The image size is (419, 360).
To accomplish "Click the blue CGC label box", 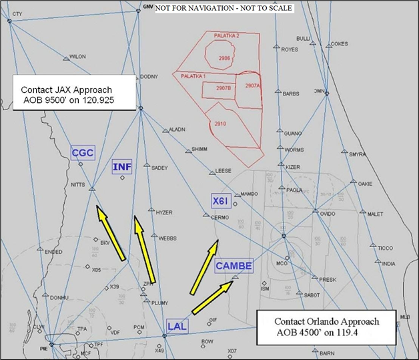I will [x=83, y=152].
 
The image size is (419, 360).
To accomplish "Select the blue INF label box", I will [x=121, y=167].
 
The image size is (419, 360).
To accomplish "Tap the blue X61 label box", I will [x=221, y=202].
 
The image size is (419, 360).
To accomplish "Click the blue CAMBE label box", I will [x=234, y=266].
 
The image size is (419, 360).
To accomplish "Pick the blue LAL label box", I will [x=177, y=327].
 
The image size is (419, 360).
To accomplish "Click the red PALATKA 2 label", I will [x=226, y=35].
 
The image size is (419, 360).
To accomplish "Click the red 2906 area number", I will [x=224, y=59].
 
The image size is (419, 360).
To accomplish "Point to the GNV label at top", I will [x=148, y=7].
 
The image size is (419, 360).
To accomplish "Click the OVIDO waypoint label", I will [x=327, y=213].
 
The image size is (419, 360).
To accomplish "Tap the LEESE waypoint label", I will [x=224, y=171].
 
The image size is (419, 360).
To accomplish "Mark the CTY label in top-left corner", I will [x=17, y=13].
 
